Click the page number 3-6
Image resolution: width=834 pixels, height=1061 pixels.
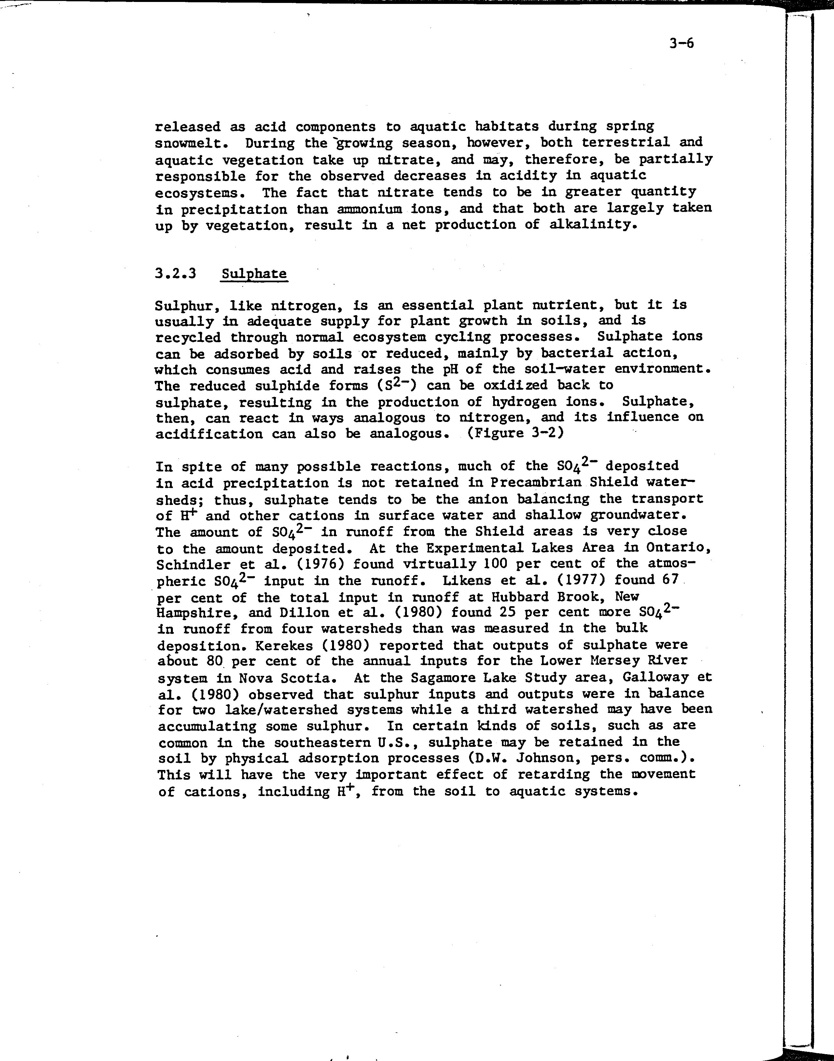click(681, 44)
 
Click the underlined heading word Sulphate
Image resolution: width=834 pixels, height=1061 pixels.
click(254, 273)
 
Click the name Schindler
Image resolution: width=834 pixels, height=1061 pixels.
click(193, 565)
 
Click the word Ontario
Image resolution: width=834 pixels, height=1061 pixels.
click(678, 548)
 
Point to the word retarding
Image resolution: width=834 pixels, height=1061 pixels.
click(554, 775)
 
